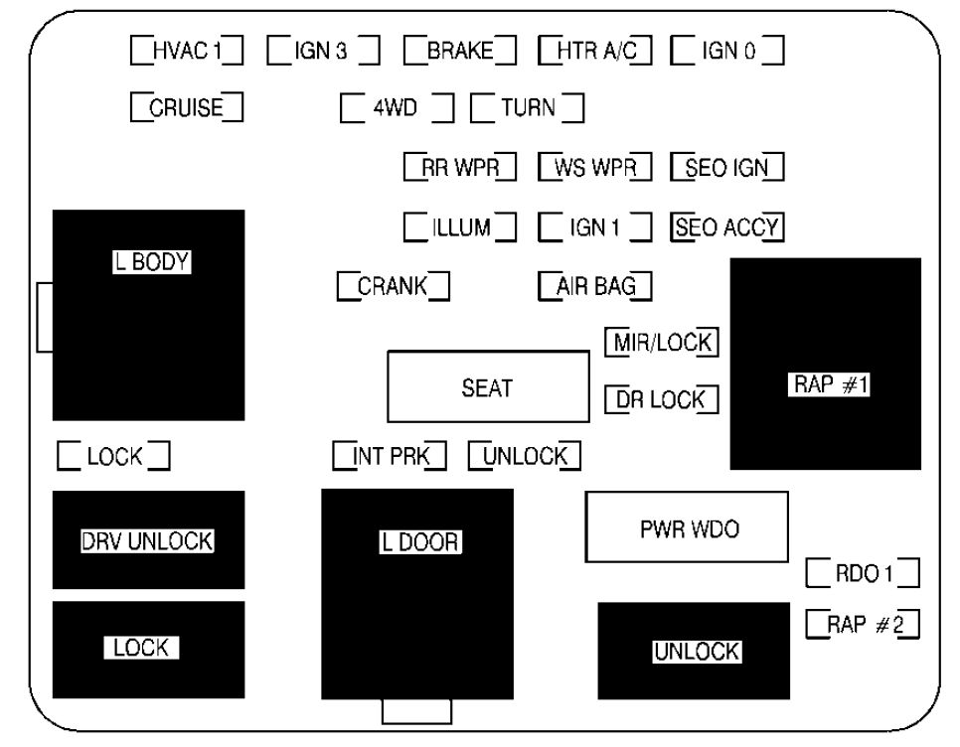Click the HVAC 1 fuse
pos(187,51)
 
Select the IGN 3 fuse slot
pos(323,51)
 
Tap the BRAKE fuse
pos(460,51)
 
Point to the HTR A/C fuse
pos(595,51)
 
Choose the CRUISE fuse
pos(187,107)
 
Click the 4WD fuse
pos(397,108)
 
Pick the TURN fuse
pos(527,108)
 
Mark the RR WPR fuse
pos(460,167)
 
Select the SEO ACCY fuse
pos(727,227)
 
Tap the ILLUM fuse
pos(460,226)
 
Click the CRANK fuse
pos(394,286)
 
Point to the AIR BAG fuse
pos(595,286)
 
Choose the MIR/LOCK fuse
pos(661,342)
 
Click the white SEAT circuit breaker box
pos(488,386)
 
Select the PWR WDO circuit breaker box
pos(687,526)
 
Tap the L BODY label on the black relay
pos(152,262)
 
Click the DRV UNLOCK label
pos(147,541)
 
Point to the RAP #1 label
pos(829,384)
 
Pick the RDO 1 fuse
pos(863,573)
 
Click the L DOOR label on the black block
pos(420,542)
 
